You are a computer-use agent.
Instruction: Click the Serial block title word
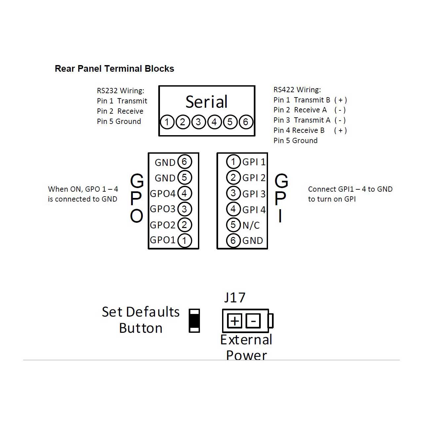207,102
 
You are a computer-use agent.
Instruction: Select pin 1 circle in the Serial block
167,122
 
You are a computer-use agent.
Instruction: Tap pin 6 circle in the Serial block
246,122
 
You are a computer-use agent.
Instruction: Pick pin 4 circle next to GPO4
184,193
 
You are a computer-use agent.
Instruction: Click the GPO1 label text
163,240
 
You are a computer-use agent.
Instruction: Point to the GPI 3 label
254,194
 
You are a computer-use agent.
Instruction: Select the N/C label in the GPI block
251,225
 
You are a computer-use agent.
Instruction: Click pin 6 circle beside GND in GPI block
233,241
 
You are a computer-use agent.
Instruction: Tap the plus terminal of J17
235,321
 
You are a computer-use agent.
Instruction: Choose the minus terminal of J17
253,321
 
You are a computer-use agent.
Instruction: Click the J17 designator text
235,298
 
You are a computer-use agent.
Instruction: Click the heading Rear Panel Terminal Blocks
114,69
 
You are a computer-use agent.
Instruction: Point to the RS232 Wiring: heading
120,91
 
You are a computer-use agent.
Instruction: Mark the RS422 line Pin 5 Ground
295,140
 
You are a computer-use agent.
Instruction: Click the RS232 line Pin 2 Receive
120,111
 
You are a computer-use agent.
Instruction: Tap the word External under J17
246,340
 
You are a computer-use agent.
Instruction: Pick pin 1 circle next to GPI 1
233,162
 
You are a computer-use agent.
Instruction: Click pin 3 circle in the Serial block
198,122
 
